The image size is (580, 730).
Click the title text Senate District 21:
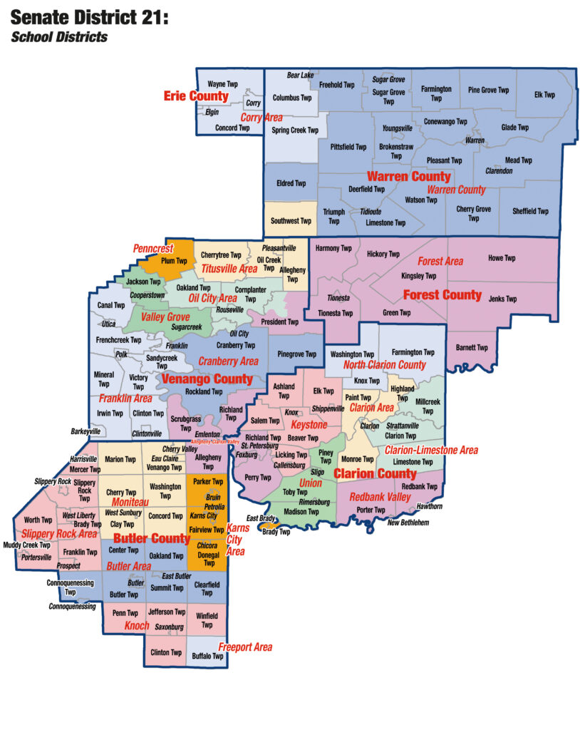pyautogui.click(x=90, y=17)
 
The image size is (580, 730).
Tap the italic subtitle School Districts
pyautogui.click(x=59, y=36)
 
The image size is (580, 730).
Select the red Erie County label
pyautogui.click(x=196, y=96)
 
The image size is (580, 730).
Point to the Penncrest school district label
pyautogui.click(x=154, y=249)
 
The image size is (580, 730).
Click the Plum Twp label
pyautogui.click(x=174, y=262)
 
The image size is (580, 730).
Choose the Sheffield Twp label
pyautogui.click(x=530, y=211)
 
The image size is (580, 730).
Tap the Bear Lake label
pyautogui.click(x=300, y=75)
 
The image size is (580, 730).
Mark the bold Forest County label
pyautogui.click(x=442, y=294)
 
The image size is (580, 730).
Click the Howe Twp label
pyautogui.click(x=502, y=258)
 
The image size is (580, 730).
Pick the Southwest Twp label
pyautogui.click(x=291, y=221)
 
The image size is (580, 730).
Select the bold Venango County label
pyautogui.click(x=207, y=379)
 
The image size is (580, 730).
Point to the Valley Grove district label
pyautogui.click(x=165, y=317)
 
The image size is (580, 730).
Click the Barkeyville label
pyautogui.click(x=86, y=431)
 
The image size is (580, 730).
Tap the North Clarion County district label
pyautogui.click(x=384, y=365)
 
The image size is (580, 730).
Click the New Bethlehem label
pyautogui.click(x=408, y=523)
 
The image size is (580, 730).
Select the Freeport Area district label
pyautogui.click(x=245, y=647)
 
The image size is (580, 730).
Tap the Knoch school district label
pyautogui.click(x=137, y=626)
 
